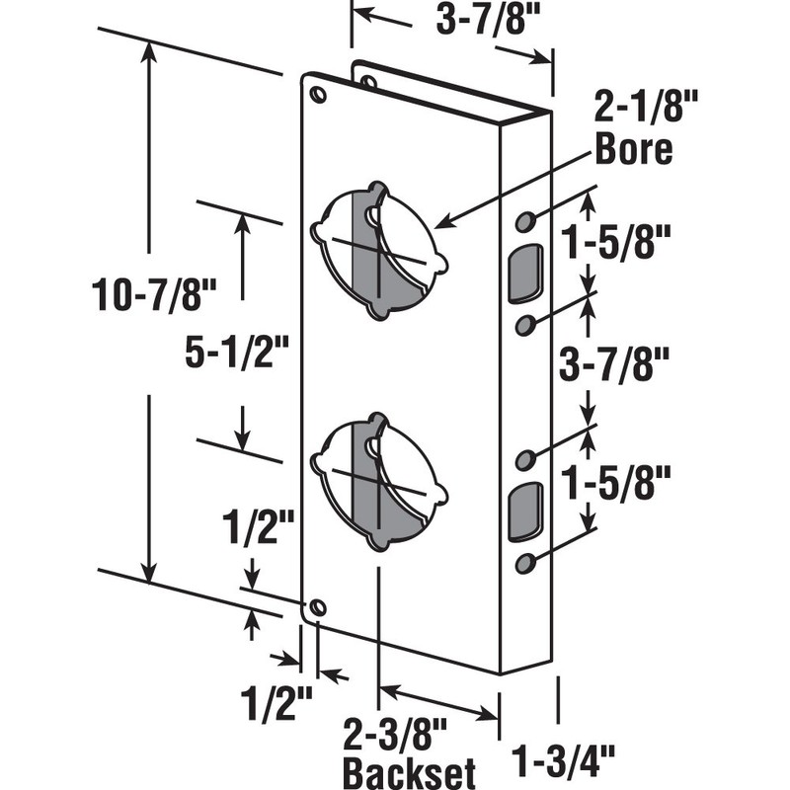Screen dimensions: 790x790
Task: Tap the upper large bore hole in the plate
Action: coord(378,251)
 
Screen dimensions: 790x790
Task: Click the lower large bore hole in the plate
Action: coord(378,483)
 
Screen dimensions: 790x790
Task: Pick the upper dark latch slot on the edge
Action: coord(525,272)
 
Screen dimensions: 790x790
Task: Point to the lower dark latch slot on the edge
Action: coord(525,512)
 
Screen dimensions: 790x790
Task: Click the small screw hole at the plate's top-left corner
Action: coord(317,94)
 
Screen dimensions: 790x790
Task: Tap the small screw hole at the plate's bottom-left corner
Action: coord(316,607)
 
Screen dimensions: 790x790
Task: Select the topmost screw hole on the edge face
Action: coord(525,220)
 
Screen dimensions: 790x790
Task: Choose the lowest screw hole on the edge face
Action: coord(525,563)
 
